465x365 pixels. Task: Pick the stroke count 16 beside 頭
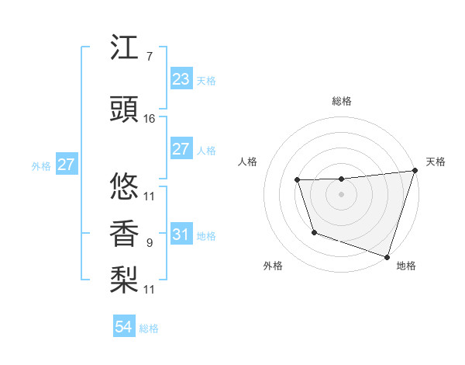tap(150, 119)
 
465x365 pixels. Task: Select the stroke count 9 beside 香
tap(149, 243)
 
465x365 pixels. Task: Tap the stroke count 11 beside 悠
tap(150, 196)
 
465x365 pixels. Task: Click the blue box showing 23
tap(181, 79)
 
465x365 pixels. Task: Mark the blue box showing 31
tap(181, 235)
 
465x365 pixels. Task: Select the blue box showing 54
tap(123, 328)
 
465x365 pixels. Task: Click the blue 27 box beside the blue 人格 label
tap(181, 149)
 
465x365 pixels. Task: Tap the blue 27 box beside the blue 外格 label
tap(66, 165)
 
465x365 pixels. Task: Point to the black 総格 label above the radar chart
tap(342, 101)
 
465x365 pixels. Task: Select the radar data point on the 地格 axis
tap(387, 256)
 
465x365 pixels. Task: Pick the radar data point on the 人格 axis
tap(298, 181)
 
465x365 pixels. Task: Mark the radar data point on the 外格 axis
tap(314, 232)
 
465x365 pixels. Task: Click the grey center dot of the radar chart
tap(342, 195)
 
